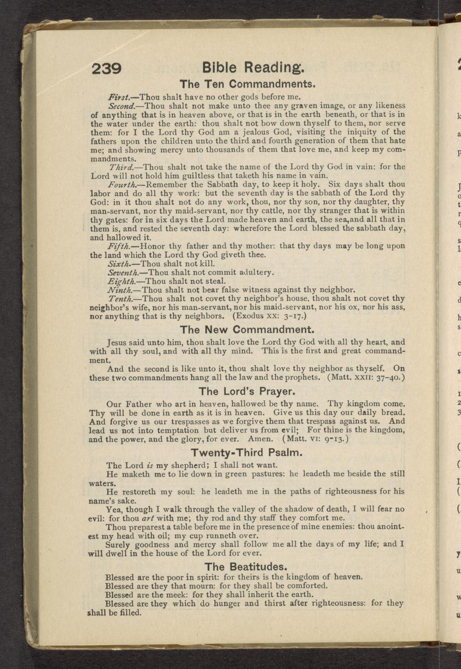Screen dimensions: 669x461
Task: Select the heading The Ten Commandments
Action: tap(248, 83)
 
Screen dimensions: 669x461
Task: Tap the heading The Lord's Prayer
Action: tap(247, 391)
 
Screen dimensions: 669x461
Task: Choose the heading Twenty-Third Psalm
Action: tap(247, 453)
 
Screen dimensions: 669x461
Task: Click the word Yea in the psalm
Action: tap(114, 509)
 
